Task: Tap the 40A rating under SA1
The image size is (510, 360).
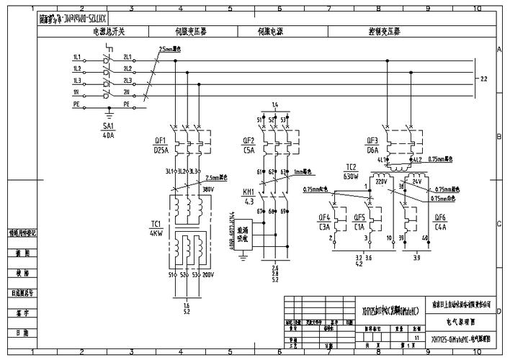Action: [108, 134]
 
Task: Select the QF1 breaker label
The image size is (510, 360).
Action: [160, 140]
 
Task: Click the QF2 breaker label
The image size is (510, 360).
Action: [249, 140]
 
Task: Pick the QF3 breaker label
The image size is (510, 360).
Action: [372, 140]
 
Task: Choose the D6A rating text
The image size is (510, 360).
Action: [372, 150]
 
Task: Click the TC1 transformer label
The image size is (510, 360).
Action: [156, 224]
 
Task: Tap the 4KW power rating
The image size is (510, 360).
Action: [156, 233]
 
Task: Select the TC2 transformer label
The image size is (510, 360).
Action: [351, 166]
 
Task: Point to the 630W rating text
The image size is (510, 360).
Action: [351, 176]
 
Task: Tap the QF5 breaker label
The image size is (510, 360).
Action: [359, 217]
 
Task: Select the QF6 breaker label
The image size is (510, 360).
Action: [440, 217]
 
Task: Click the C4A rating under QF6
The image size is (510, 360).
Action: [440, 226]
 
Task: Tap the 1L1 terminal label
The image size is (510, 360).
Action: [76, 57]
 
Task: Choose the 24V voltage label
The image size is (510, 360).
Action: [416, 181]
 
